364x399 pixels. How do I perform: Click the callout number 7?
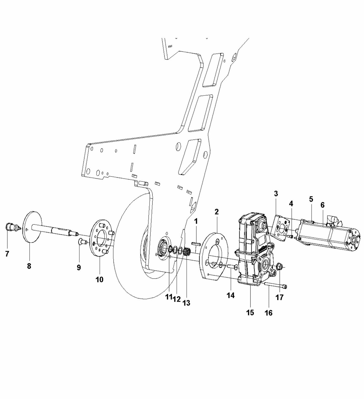pyautogui.click(x=7, y=254)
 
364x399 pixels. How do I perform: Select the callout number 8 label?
pyautogui.click(x=29, y=266)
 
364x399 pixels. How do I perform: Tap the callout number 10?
pyautogui.click(x=100, y=279)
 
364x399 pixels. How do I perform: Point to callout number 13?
pyautogui.click(x=186, y=303)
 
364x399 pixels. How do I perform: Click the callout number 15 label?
pyautogui.click(x=250, y=312)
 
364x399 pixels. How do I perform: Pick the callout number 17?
pyautogui.click(x=279, y=297)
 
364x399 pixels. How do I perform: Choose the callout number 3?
pyautogui.click(x=276, y=194)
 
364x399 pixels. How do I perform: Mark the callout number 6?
pyautogui.click(x=323, y=205)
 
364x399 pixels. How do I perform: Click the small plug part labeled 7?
pyautogui.click(x=10, y=227)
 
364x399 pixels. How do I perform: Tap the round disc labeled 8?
pyautogui.click(x=32, y=227)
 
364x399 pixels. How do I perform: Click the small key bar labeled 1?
pyautogui.click(x=196, y=244)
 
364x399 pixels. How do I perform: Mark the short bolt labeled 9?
pyautogui.click(x=82, y=242)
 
